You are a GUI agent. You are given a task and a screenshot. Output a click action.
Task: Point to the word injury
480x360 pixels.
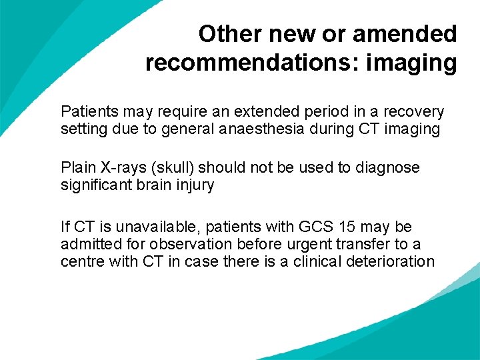[x=195, y=185]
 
